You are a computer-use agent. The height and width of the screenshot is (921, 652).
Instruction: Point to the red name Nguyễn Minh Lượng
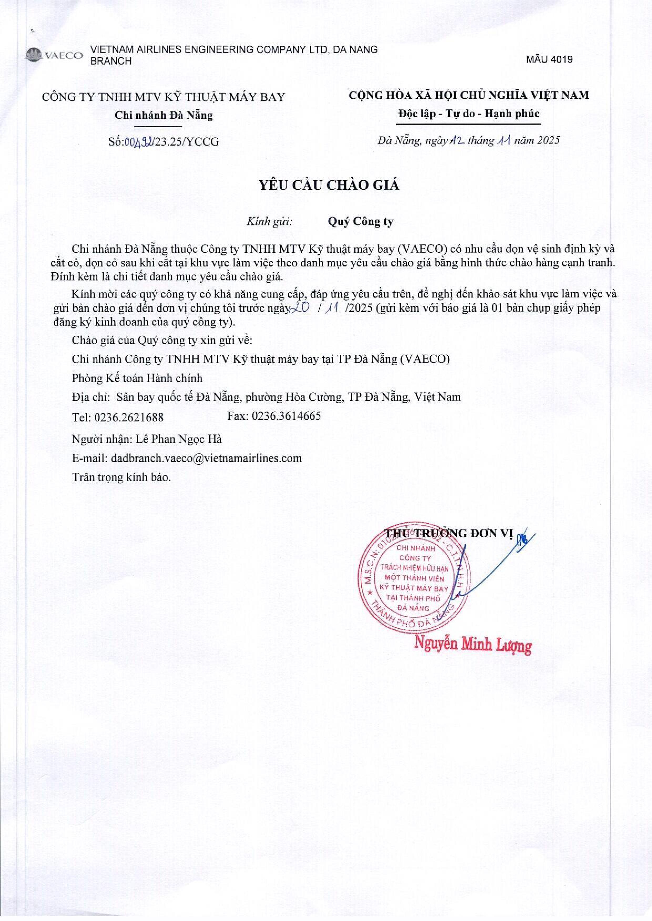tap(473, 645)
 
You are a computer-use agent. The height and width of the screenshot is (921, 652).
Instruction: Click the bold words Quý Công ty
tap(360, 222)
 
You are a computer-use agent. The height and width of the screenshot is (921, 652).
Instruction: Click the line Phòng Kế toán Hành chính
tap(137, 378)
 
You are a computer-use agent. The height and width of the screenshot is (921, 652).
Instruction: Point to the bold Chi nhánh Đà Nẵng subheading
tap(164, 116)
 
